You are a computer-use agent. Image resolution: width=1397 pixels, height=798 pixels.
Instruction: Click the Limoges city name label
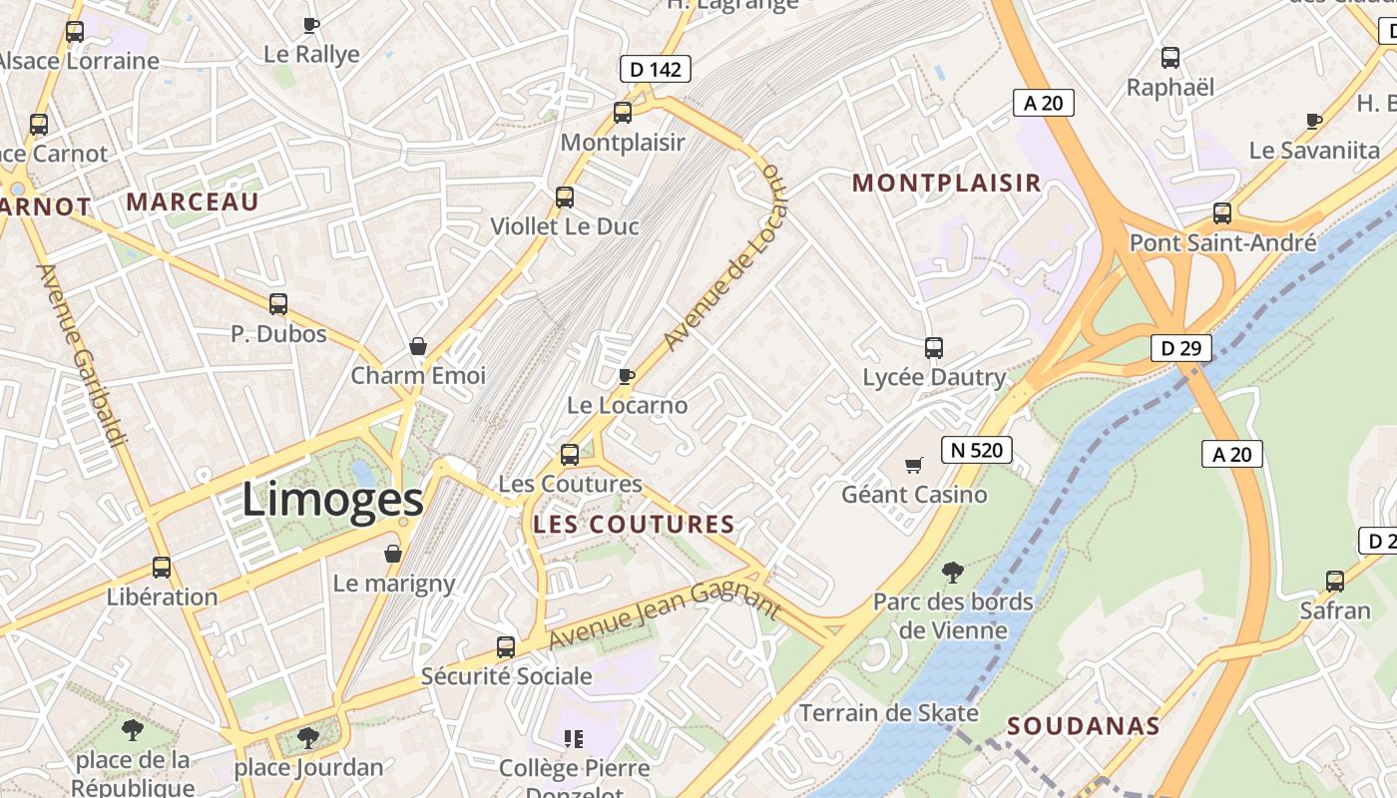pos(332,500)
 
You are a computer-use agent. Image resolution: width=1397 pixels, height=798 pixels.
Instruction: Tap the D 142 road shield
pos(655,69)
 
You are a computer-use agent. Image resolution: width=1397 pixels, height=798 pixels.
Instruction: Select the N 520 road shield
pos(976,450)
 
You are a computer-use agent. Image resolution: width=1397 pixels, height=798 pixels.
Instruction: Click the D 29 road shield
pos(1180,348)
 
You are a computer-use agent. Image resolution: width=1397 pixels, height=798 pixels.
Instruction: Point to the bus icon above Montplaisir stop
pos(623,113)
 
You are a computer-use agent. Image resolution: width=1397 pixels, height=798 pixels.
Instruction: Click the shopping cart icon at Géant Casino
pos(913,465)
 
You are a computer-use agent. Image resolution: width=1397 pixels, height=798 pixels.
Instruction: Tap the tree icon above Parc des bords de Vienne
pos(953,572)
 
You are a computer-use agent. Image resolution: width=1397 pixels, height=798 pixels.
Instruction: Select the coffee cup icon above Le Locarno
pos(626,376)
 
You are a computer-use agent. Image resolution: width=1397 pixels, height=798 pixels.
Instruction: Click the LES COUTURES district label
pos(634,525)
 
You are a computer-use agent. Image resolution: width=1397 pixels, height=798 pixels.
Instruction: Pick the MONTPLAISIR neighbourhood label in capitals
pos(946,184)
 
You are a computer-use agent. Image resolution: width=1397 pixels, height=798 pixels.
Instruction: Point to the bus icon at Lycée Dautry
pos(933,348)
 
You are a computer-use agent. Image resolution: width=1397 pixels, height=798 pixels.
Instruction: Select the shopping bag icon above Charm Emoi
pos(418,346)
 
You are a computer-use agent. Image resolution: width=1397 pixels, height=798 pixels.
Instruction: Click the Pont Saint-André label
pos(1222,242)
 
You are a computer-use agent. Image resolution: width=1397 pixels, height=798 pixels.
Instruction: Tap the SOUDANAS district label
pos(1083,726)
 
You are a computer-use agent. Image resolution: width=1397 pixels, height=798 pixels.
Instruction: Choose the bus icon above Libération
pos(162,568)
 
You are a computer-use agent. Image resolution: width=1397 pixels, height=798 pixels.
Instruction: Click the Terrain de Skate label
pos(888,713)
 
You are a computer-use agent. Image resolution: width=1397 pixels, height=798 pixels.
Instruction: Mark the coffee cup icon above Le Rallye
pos(310,25)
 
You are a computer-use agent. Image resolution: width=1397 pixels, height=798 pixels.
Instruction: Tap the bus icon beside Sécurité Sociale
pos(506,647)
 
